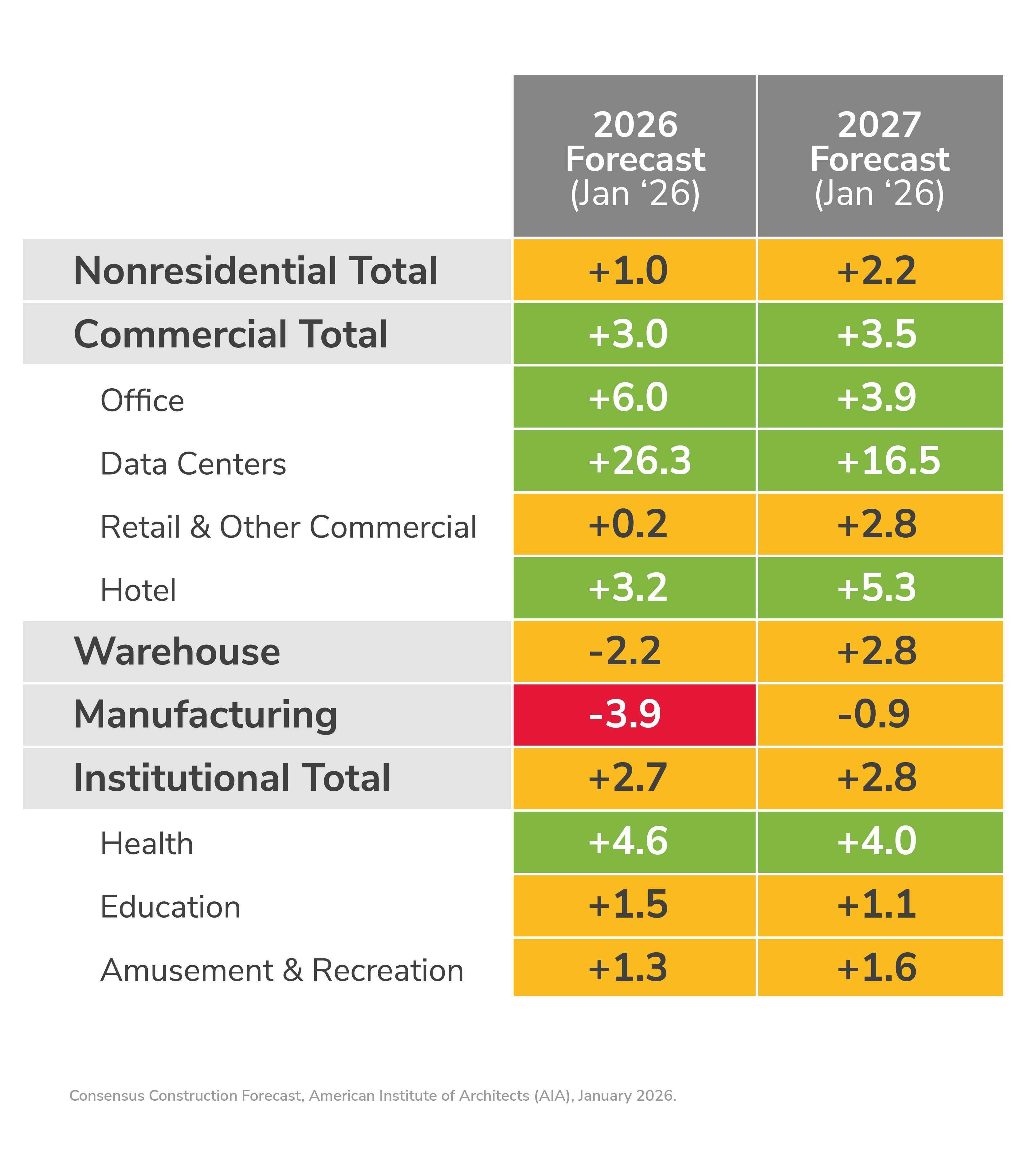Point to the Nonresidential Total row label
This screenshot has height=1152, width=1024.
255,271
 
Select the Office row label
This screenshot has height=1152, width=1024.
142,401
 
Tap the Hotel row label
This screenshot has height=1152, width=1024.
138,590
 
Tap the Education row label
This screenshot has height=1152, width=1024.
170,907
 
